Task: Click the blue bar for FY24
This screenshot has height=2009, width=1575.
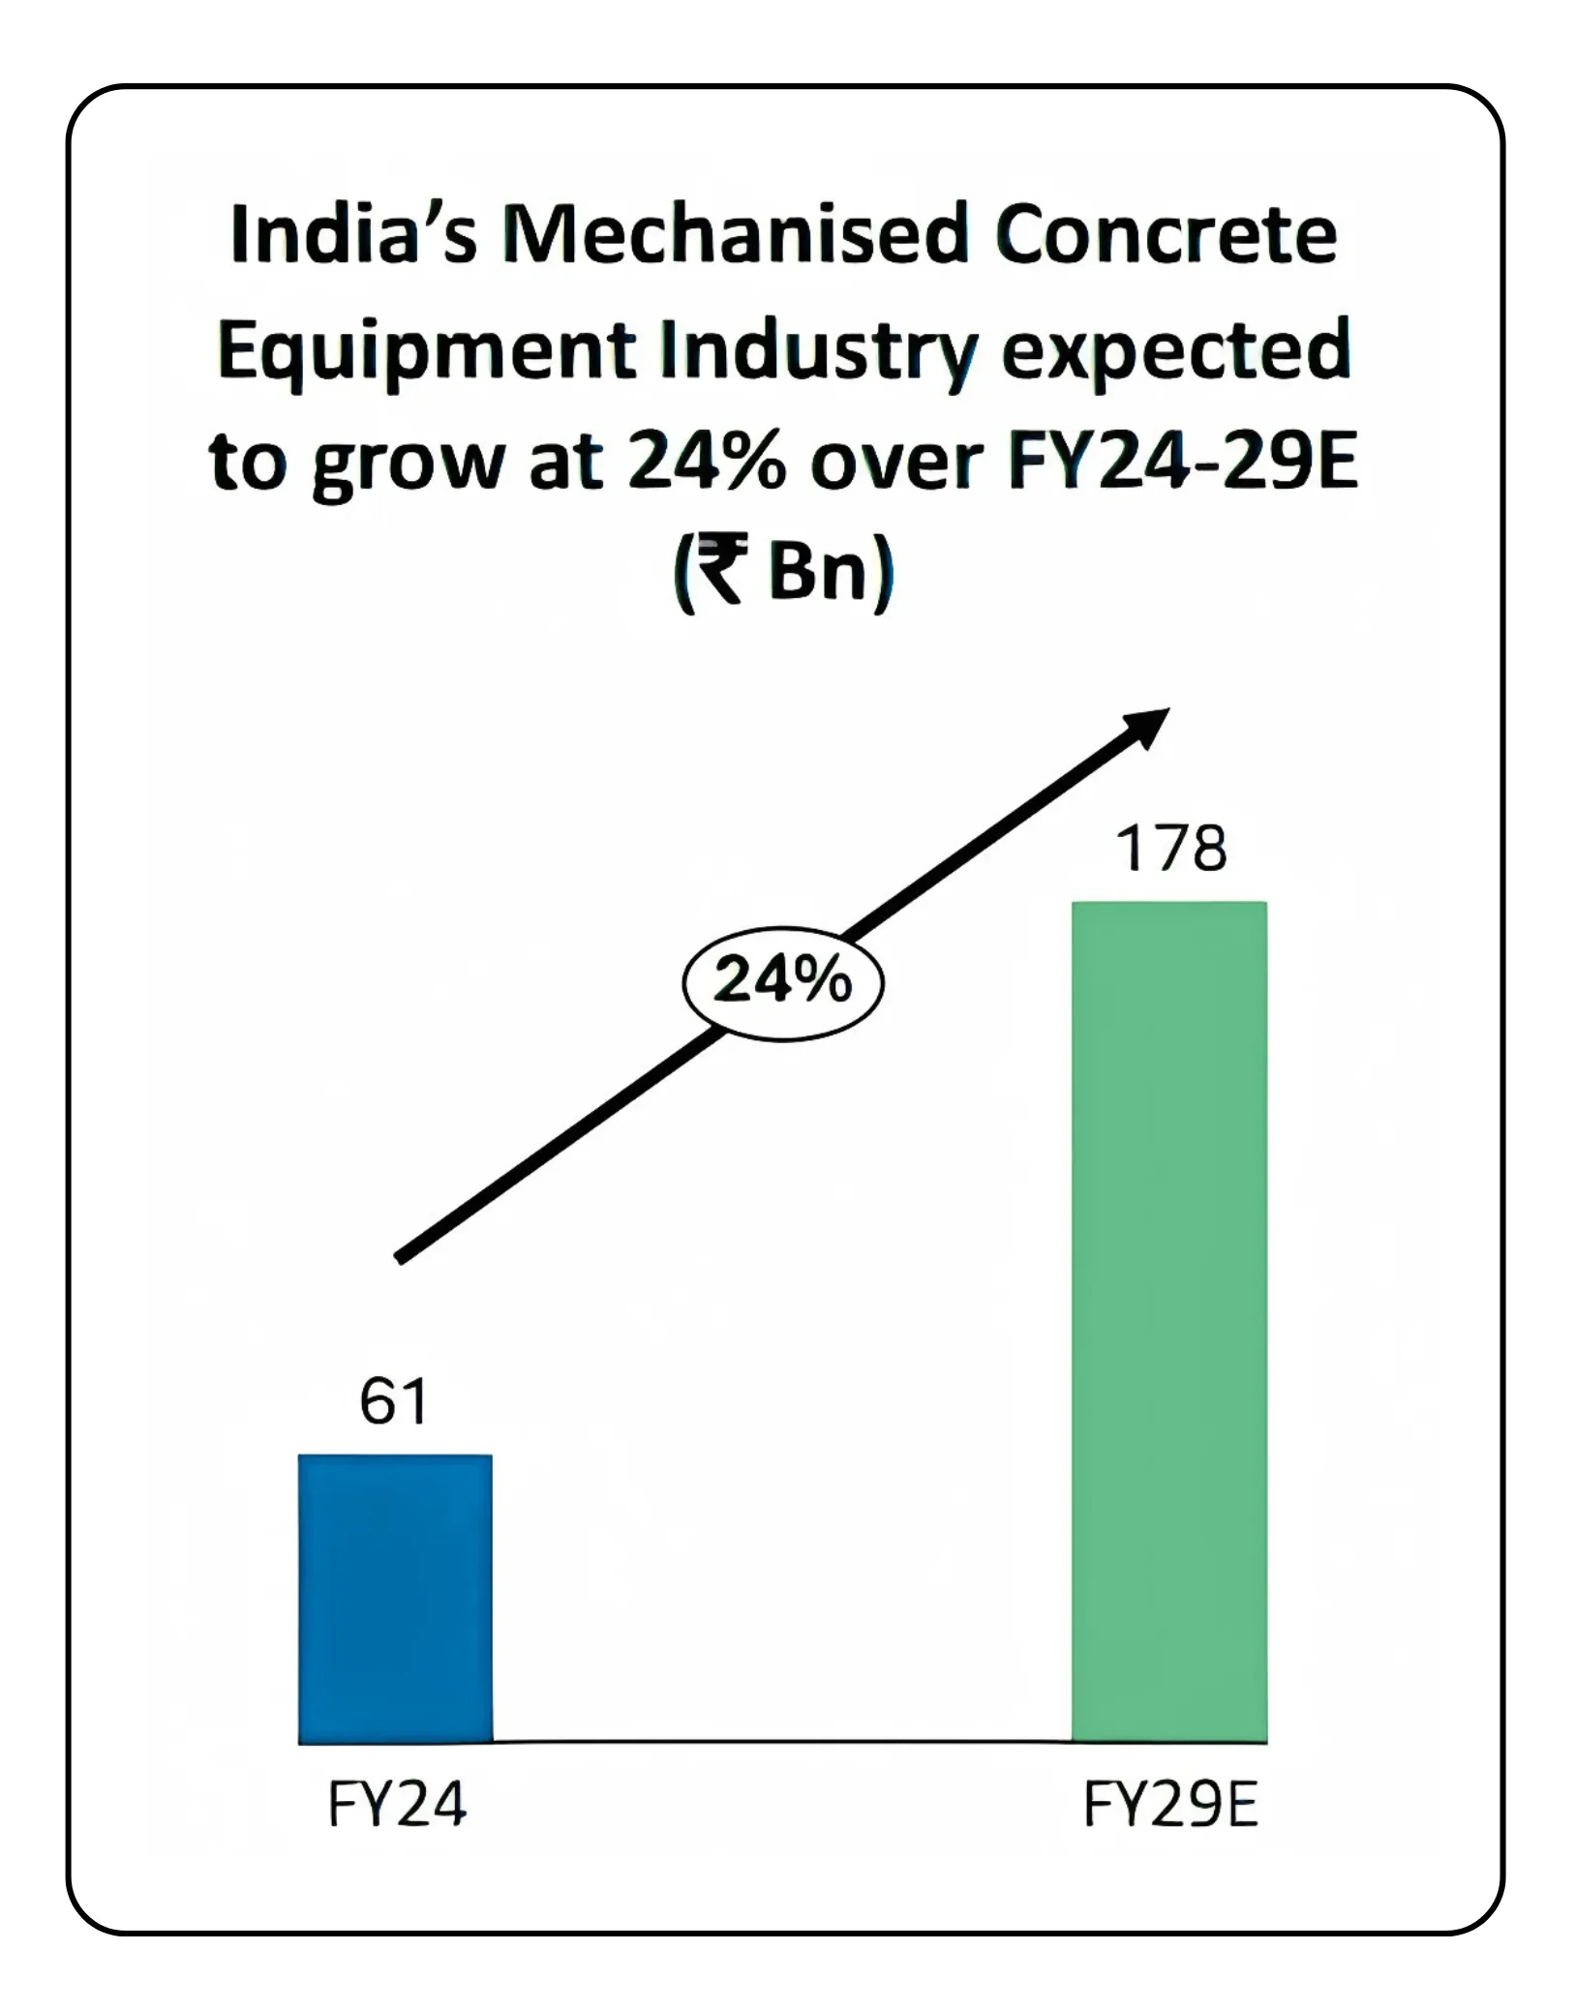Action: tap(395, 1598)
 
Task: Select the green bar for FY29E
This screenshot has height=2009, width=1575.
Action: tap(1168, 1322)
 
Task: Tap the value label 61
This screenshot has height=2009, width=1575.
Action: tap(393, 1402)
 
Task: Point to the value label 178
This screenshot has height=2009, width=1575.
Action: tap(1170, 849)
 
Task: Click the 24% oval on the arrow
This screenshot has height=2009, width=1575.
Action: tap(783, 983)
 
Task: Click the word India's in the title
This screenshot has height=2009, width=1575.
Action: tap(354, 236)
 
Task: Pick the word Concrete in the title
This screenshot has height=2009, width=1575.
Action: tap(1166, 236)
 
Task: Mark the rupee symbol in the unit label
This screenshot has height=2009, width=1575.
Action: tap(721, 573)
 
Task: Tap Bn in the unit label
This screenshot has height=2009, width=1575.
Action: tap(817, 573)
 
